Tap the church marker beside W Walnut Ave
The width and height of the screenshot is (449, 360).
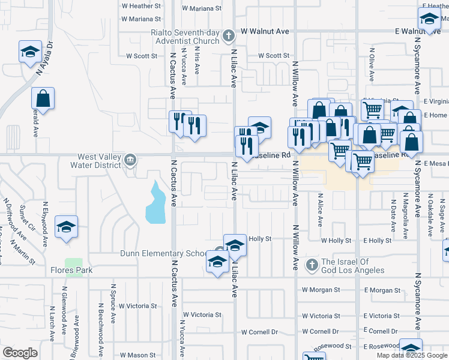pos(228,37)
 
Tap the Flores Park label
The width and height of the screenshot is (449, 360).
pos(71,271)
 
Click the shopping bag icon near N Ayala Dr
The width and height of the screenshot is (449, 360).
pos(43,98)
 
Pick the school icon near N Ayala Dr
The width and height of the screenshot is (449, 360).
pos(30,52)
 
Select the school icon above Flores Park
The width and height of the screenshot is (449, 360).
pos(67,227)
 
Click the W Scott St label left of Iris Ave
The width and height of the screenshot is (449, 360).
pos(141,56)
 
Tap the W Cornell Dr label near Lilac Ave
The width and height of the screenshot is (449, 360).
pos(260,332)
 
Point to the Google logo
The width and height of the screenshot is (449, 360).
pos(20,353)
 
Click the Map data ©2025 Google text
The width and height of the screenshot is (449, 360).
pos(411,355)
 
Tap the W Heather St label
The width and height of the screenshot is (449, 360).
pos(141,5)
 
